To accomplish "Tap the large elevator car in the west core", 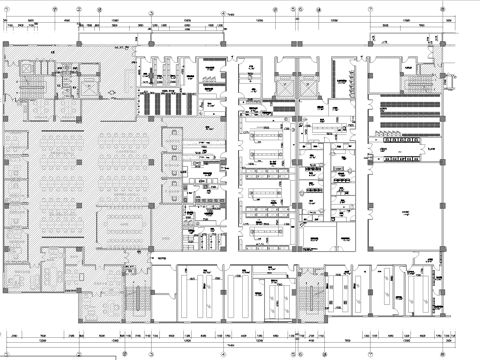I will coord(88,86).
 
